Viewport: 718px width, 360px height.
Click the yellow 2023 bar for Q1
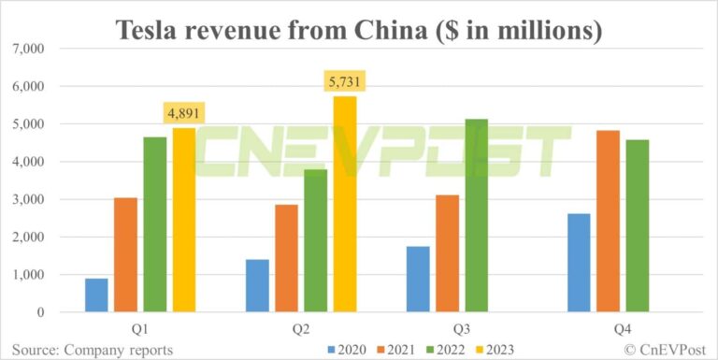(x=184, y=220)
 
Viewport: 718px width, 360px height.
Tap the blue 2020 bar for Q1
(x=96, y=295)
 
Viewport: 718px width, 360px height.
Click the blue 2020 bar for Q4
(x=579, y=263)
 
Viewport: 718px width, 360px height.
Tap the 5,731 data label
(x=345, y=82)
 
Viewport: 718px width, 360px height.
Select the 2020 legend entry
(x=347, y=350)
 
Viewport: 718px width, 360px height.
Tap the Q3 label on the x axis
(x=462, y=329)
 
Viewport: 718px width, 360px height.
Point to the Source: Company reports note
(x=93, y=350)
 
